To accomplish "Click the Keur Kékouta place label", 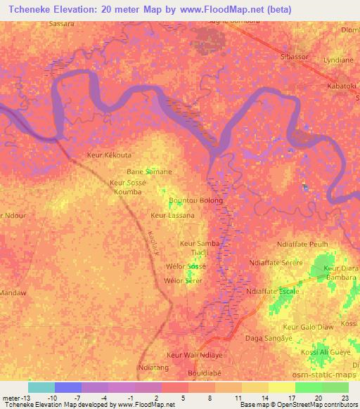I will coord(108,155).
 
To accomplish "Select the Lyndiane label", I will coord(338,61).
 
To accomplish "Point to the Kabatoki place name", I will coord(342,86).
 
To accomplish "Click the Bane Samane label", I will coord(148,171).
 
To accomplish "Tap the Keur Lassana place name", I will coord(172,216).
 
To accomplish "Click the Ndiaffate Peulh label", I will coord(303,244).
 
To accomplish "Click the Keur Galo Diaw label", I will coord(307,327).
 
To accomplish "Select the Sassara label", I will coord(62,23).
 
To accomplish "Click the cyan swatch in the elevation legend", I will coord(41,387).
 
